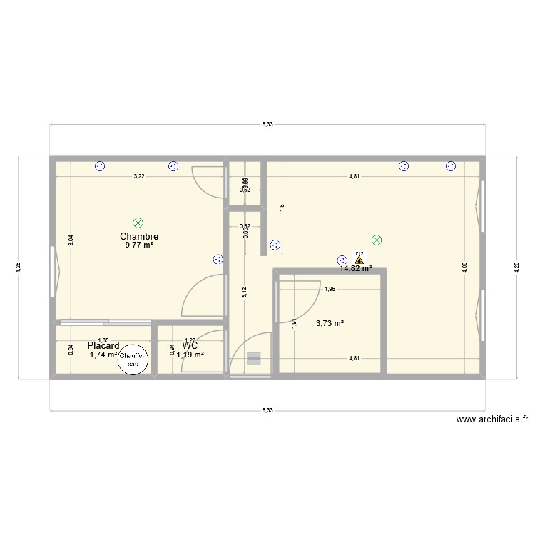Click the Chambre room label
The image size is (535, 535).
[139, 236]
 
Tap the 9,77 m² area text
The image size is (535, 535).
[139, 245]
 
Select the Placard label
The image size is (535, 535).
[103, 346]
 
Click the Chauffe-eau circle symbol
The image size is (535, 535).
[132, 359]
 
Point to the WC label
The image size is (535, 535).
[190, 346]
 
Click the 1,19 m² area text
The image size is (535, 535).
[190, 355]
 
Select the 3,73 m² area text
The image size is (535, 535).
[330, 323]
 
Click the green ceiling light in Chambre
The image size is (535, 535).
[138, 223]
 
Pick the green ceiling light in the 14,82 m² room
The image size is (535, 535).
[377, 240]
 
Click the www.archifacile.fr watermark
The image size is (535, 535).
[492, 420]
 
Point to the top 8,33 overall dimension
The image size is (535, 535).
[267, 124]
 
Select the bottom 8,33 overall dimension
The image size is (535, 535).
[267, 410]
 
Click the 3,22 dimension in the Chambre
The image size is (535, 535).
[139, 176]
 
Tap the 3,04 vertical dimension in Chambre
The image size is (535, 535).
[70, 241]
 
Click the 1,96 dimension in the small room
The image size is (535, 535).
[330, 290]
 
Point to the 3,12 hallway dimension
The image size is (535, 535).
[244, 291]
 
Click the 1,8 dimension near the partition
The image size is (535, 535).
[282, 207]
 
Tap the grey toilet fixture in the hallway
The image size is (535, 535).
[254, 359]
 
